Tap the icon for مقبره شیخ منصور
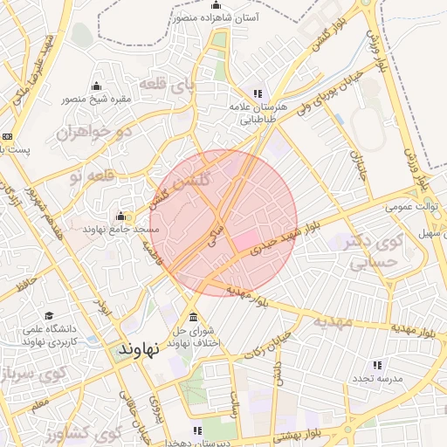point(95,86)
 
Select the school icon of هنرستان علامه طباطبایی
point(257,93)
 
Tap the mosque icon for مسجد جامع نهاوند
point(120,216)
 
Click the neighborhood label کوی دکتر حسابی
point(368,251)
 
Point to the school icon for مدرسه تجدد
point(377,365)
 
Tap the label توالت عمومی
point(403,208)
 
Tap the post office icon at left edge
point(7,136)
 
